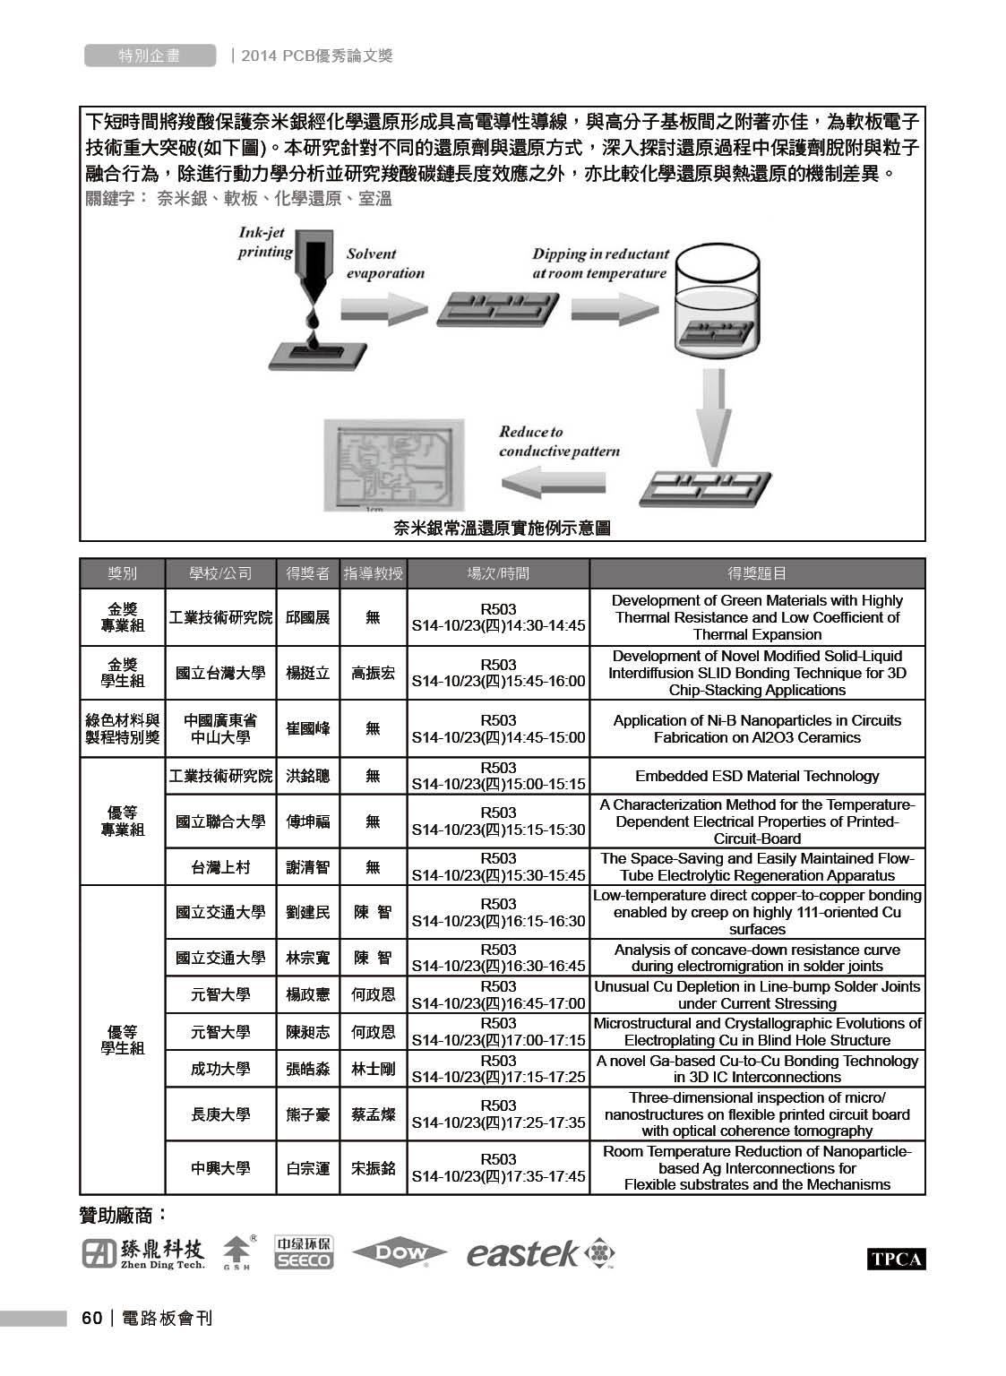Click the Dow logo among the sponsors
[x=399, y=1253]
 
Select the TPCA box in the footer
[x=895, y=1259]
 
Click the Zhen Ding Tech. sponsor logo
[x=143, y=1253]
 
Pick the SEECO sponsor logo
[x=303, y=1252]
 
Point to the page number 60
[x=91, y=1318]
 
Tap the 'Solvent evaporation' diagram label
[x=384, y=263]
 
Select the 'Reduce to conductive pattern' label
[x=559, y=442]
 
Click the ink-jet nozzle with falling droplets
[x=314, y=287]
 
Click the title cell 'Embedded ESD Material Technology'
[x=757, y=776]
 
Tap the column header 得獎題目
[x=757, y=573]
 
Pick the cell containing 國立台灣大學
[x=220, y=673]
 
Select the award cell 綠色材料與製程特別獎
[x=123, y=728]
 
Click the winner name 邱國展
[x=307, y=617]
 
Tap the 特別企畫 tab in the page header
[x=150, y=56]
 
